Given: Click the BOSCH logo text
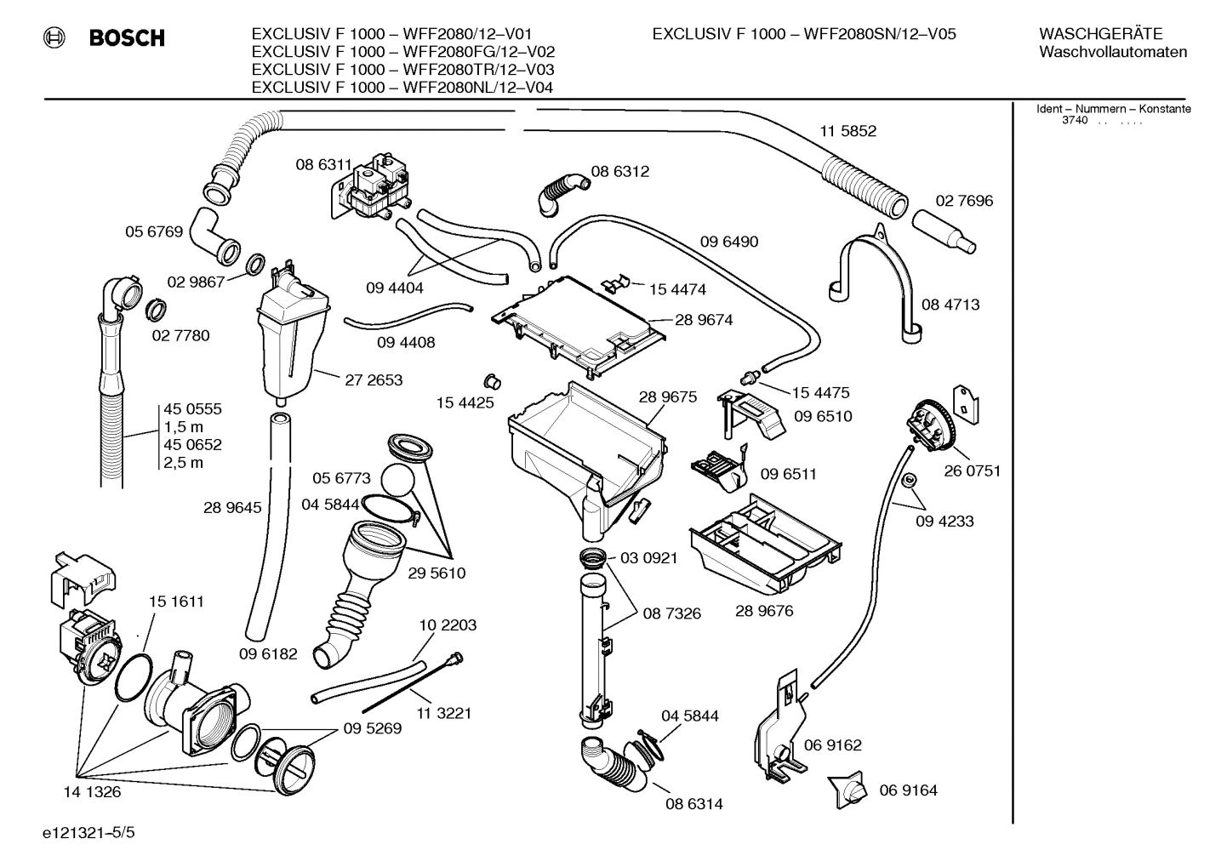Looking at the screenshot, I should tap(127, 38).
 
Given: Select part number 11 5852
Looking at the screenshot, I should tap(847, 131).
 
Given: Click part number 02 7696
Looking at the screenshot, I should tap(964, 201).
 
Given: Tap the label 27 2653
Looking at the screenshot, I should tap(374, 380).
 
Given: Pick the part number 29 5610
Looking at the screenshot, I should tap(437, 573).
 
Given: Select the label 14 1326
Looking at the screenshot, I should tap(92, 792).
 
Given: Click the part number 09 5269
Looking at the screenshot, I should tap(373, 728).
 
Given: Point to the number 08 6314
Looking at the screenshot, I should tap(694, 803).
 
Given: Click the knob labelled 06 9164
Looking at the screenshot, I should tap(852, 791).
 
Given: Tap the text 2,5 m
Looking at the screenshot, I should tap(184, 463).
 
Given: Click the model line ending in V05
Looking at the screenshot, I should tap(804, 34).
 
